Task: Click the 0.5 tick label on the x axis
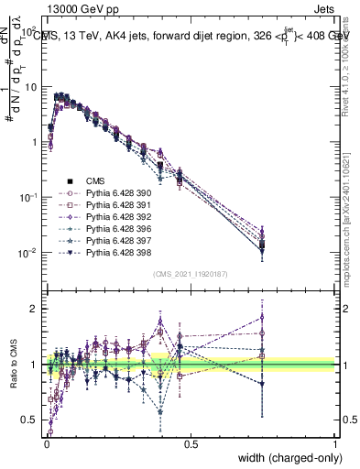click(x=191, y=443)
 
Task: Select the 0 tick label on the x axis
click(x=46, y=443)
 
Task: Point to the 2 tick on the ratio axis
click(x=34, y=309)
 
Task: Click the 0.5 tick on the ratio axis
click(x=29, y=420)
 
